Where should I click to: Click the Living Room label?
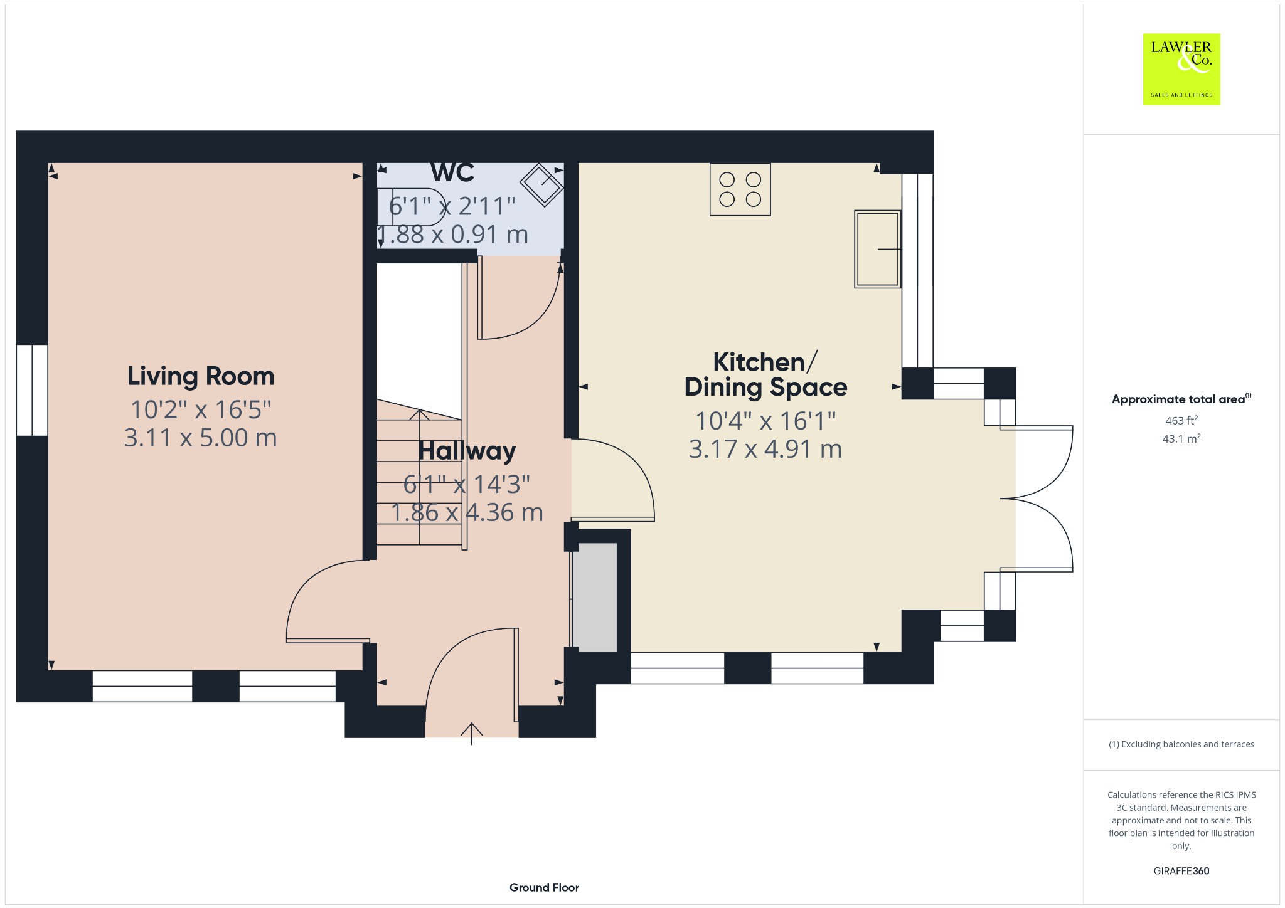(201, 376)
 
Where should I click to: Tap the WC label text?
(452, 172)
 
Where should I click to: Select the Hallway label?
(467, 451)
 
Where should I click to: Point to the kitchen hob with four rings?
(740, 189)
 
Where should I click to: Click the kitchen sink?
(878, 249)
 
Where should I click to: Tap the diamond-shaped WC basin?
(541, 184)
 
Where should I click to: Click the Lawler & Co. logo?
(1181, 69)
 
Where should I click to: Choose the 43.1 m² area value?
(1181, 438)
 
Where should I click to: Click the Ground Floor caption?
(544, 887)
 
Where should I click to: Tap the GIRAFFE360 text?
(1181, 870)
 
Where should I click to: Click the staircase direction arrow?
(419, 477)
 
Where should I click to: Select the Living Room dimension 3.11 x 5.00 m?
(201, 438)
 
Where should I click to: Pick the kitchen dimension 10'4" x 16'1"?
(765, 421)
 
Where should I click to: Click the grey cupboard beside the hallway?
(595, 598)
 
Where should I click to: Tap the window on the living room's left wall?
(32, 389)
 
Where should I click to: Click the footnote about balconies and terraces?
(1181, 744)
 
